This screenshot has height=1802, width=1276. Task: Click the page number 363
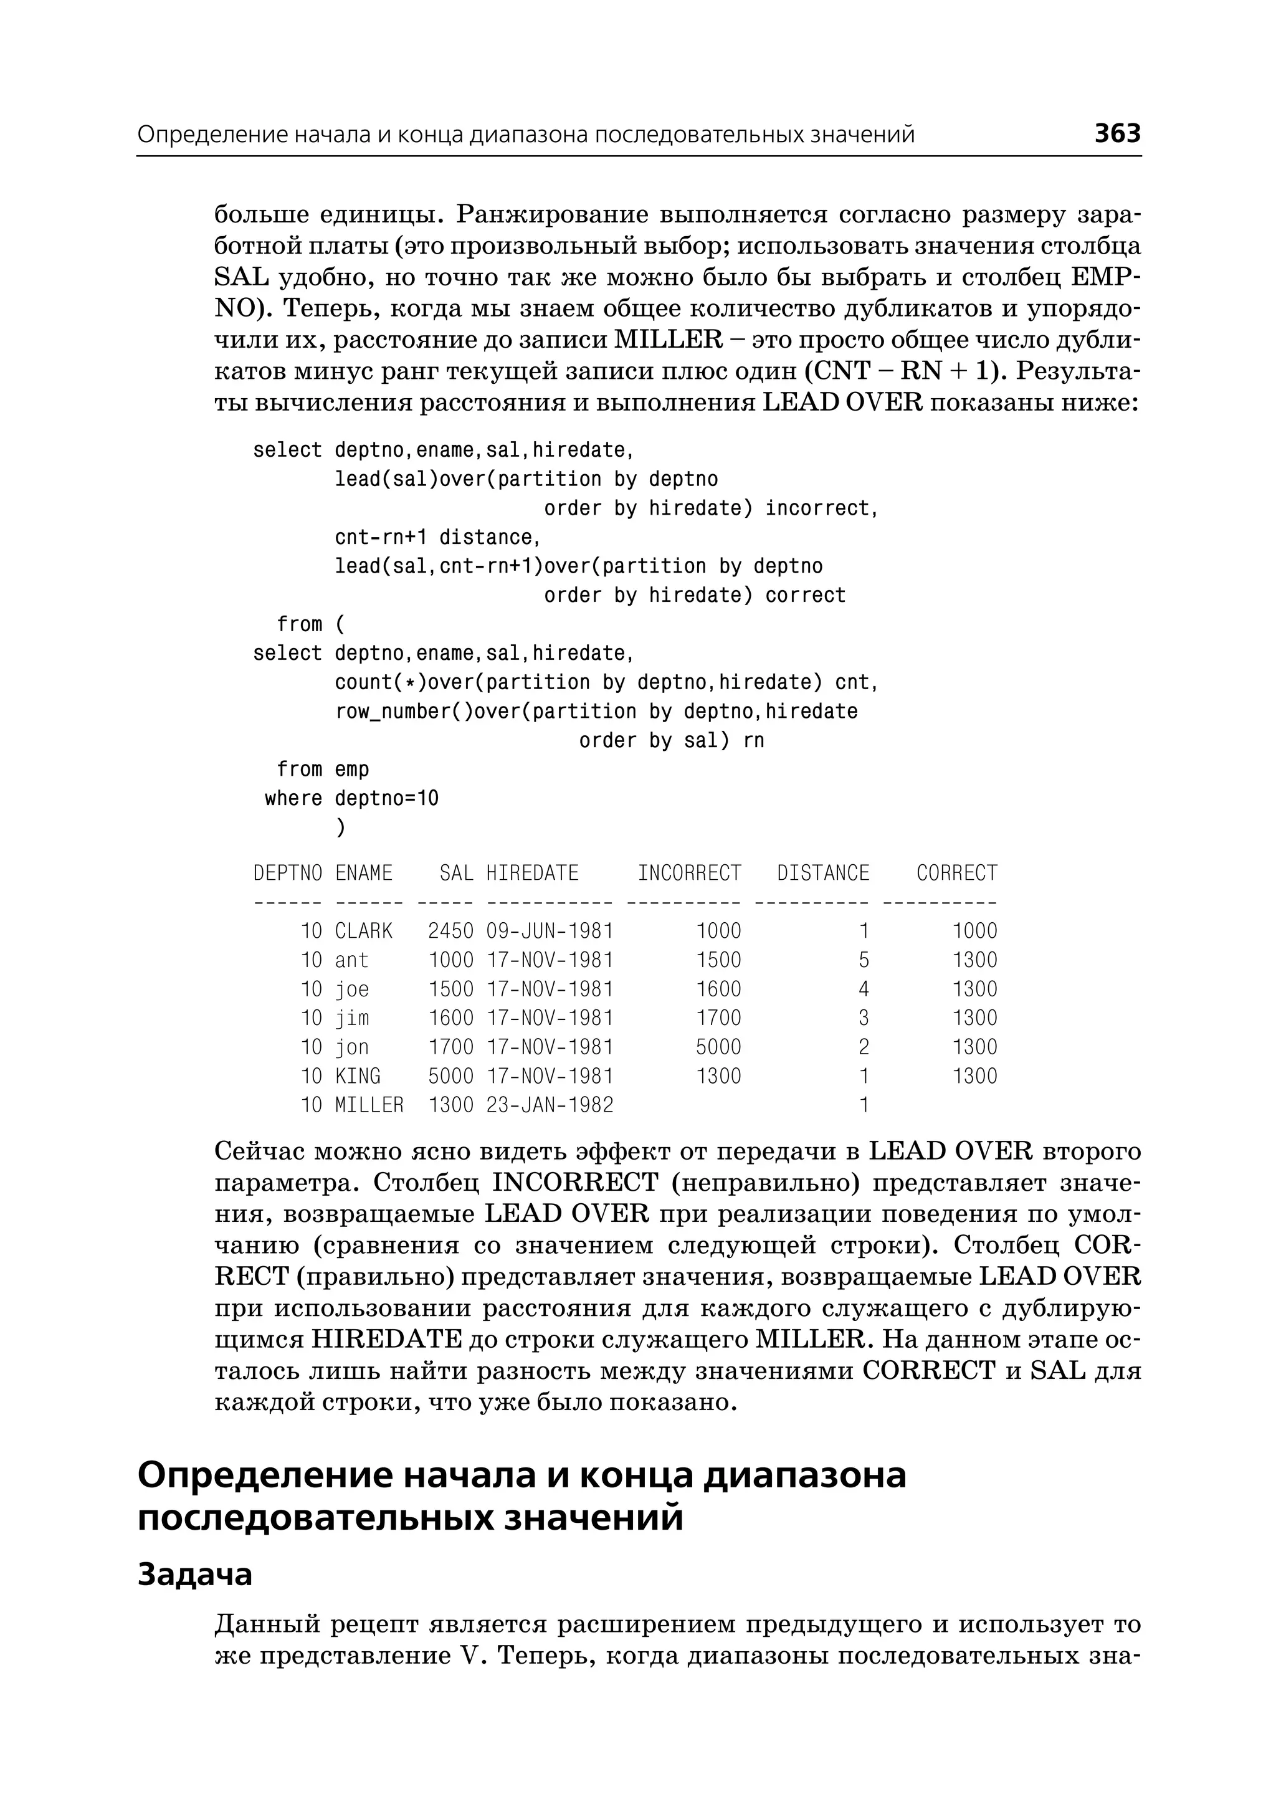[x=1116, y=133]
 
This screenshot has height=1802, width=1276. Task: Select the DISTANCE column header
[x=822, y=873]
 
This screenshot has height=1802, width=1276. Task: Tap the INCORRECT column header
[x=689, y=873]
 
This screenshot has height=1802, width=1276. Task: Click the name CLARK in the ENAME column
[x=363, y=932]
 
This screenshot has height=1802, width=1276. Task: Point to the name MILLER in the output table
[x=368, y=1106]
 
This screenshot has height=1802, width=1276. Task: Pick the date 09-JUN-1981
[x=549, y=932]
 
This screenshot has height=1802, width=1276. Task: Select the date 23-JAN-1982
[x=549, y=1106]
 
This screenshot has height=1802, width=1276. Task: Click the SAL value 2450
[x=450, y=932]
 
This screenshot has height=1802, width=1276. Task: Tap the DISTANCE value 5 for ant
[x=864, y=960]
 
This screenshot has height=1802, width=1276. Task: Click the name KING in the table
[x=358, y=1077]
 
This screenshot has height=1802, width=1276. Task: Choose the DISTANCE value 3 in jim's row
[x=864, y=1019]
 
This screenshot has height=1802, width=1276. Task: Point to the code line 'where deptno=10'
[x=351, y=798]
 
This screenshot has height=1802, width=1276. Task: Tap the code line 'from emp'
[x=322, y=770]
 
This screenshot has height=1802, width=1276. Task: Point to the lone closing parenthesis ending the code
[x=340, y=827]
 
